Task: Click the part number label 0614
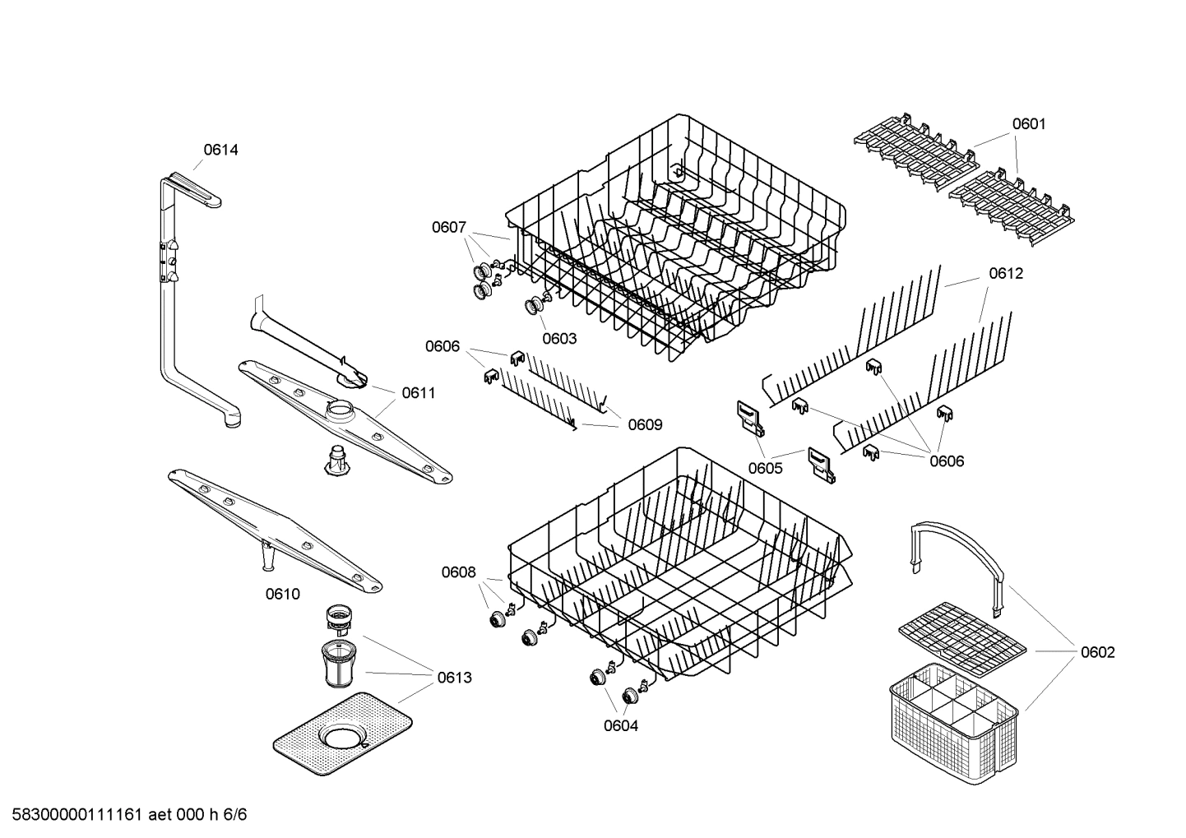click(220, 150)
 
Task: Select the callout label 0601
click(1028, 124)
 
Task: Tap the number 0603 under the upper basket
click(559, 338)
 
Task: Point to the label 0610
click(282, 594)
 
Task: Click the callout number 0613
click(454, 678)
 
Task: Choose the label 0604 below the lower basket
click(620, 725)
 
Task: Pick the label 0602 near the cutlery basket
click(1097, 652)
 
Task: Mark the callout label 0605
click(765, 469)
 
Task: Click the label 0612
click(1006, 274)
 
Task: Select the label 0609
click(645, 425)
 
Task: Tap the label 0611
click(419, 393)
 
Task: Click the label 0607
click(449, 228)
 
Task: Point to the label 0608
click(458, 572)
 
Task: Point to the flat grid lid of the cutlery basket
click(962, 633)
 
